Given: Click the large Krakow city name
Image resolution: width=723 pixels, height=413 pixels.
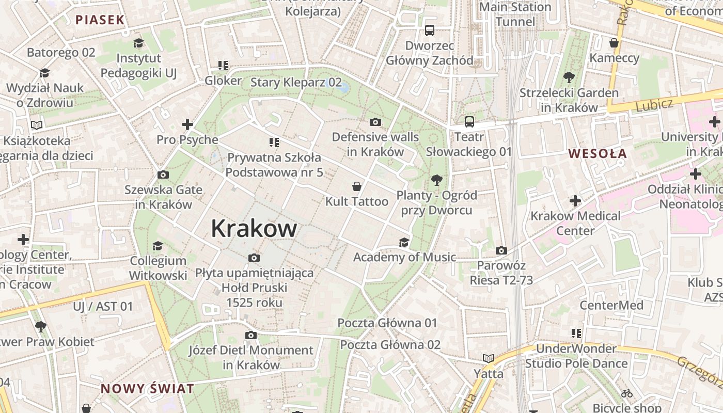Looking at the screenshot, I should coord(254,229).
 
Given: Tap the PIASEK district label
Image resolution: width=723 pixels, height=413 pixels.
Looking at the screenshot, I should coord(100,20).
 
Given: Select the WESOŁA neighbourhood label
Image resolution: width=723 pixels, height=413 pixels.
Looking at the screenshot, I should coord(598,153).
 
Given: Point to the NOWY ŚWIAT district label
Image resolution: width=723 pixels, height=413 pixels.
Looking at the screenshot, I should coord(147,389).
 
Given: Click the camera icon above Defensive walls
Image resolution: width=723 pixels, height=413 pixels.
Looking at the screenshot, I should coord(375,122).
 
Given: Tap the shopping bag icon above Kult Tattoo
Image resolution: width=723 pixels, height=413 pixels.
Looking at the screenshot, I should coord(356,186).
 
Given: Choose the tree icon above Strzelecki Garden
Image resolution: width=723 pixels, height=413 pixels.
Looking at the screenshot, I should coord(569,78).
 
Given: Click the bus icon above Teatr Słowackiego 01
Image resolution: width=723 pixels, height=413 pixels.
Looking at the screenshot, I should coord(469,122).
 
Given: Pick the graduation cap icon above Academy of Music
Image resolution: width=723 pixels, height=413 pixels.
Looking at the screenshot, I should coord(404,243).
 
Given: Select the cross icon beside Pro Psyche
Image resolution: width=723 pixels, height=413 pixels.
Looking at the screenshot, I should coord(187,124).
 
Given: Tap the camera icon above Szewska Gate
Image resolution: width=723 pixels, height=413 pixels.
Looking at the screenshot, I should coord(163,175).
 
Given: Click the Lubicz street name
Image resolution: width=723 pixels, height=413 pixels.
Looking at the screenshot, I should coord(654,105).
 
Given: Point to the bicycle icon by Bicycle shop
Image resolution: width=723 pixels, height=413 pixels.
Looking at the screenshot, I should coord(627,393).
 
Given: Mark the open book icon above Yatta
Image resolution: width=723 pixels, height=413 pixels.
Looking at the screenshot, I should coord(488,358).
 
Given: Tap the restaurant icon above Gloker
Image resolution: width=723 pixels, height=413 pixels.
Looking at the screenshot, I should coord(223,66).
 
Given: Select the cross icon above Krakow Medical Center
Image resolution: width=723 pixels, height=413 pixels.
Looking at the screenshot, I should coord(575,201).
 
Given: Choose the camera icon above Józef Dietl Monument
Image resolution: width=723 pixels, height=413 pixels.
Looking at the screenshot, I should coord(250,336).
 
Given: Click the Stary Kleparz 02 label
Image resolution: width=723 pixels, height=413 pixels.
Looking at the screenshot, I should coord(296,82).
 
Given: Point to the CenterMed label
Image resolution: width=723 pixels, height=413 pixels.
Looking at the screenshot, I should coord(611,305).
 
